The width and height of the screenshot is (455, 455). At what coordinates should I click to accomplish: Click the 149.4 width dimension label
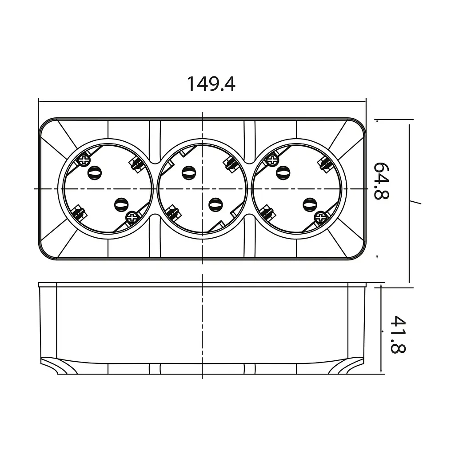click(211, 84)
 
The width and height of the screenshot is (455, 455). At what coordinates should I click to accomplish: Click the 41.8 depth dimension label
click(397, 334)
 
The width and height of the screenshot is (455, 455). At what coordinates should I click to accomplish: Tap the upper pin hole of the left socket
click(94, 172)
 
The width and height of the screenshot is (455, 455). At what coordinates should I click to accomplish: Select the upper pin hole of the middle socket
click(188, 172)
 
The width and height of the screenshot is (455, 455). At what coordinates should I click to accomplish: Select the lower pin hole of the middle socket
click(215, 204)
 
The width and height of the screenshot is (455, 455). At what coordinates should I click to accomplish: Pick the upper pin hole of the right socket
click(283, 172)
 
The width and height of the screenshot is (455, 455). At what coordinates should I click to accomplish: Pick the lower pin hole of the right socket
click(309, 204)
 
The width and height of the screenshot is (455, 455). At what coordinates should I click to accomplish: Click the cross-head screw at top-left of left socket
click(84, 159)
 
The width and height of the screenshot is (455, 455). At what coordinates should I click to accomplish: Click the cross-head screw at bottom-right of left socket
click(132, 217)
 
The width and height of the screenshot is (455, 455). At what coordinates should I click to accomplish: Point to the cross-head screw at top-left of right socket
click(272, 159)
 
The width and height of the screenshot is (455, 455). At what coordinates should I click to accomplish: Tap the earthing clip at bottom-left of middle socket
click(173, 212)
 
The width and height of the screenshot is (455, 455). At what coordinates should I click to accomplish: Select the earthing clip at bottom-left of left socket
click(79, 212)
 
